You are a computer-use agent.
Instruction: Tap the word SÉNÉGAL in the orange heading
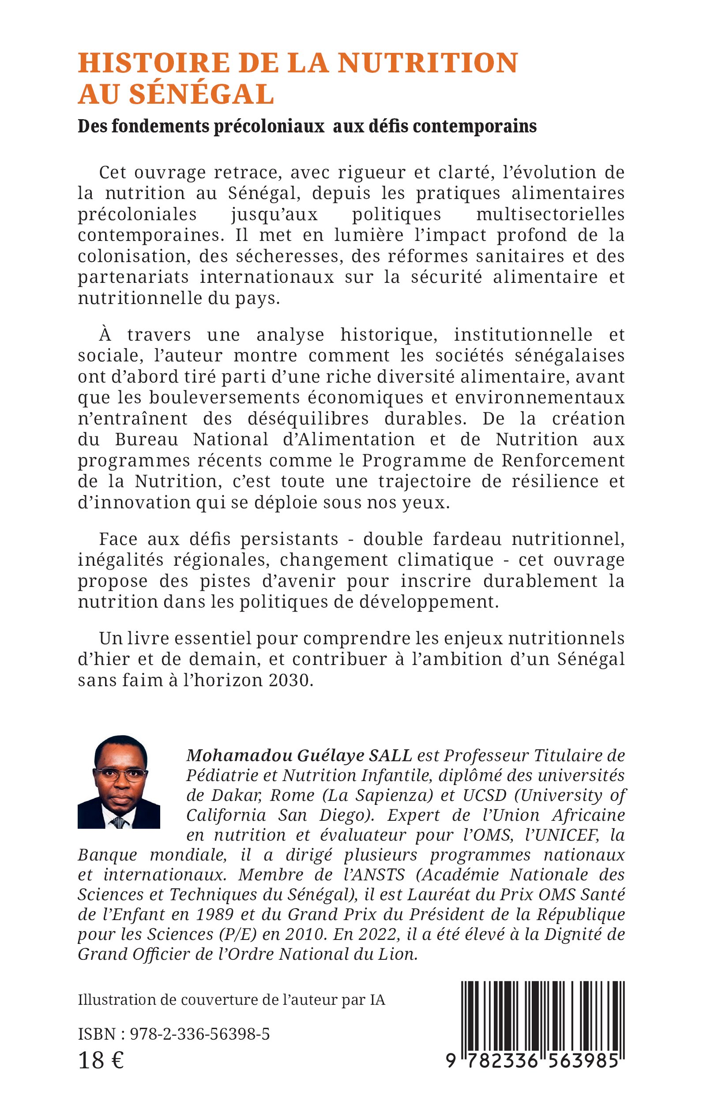coord(201,94)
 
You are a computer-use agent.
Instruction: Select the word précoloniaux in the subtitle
coord(268,126)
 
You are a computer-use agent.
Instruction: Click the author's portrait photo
coord(119,782)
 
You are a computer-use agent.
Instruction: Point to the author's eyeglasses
coord(120,774)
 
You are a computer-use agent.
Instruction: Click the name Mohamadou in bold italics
coord(237,755)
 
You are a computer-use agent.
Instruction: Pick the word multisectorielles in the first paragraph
coord(550,214)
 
